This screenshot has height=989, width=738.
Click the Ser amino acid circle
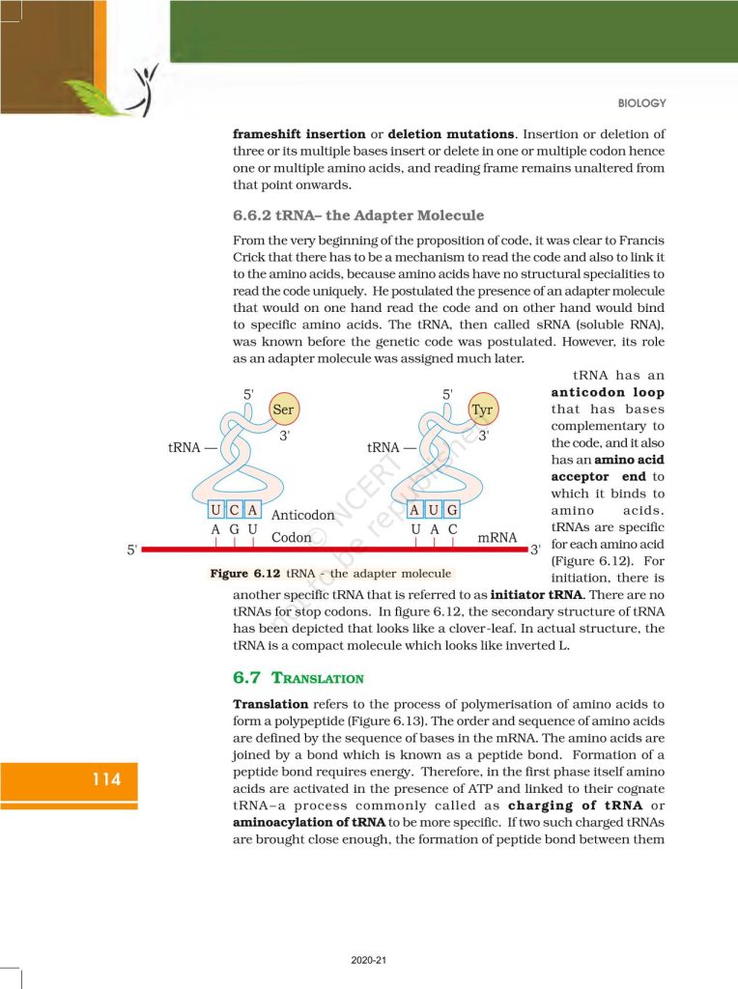283,410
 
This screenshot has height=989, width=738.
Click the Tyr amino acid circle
482,410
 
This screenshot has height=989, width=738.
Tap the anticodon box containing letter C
235,510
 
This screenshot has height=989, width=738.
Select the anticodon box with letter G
451,510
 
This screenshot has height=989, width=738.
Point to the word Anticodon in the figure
303,516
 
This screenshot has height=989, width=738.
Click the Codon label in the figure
292,537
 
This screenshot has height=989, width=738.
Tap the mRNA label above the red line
497,536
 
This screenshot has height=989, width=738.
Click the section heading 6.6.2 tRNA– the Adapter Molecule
358,214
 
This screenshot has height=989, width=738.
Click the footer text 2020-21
369,960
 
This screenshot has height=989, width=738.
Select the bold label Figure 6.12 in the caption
242,574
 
